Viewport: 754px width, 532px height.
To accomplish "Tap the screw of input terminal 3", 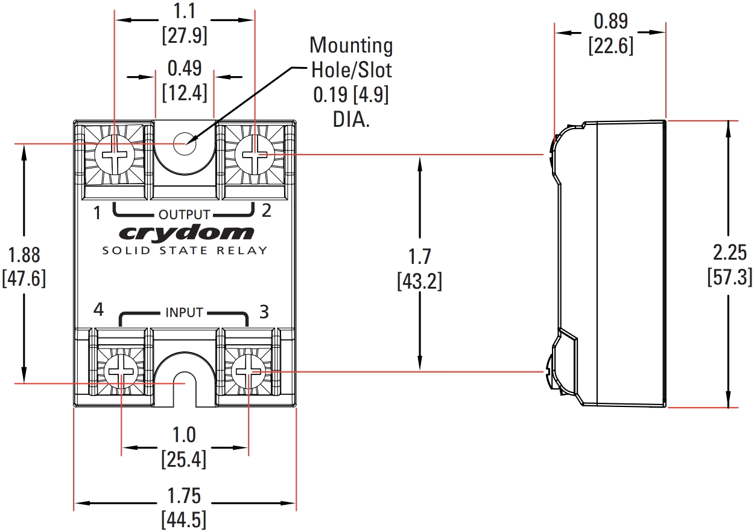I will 248,371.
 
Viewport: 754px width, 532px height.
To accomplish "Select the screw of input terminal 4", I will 121,371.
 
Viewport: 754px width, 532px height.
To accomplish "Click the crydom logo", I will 186,232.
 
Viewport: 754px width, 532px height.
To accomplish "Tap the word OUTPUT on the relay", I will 184,214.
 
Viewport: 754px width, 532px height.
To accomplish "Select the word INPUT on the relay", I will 184,313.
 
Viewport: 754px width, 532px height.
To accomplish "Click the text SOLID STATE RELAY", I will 185,250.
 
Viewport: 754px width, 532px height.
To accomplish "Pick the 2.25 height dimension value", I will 730,252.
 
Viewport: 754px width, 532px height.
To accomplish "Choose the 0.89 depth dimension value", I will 610,22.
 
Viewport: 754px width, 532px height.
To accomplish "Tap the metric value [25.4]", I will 184,460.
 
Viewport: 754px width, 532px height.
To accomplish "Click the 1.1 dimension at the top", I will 185,11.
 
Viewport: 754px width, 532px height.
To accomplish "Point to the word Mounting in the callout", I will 350,45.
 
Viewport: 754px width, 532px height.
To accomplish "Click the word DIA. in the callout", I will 350,119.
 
